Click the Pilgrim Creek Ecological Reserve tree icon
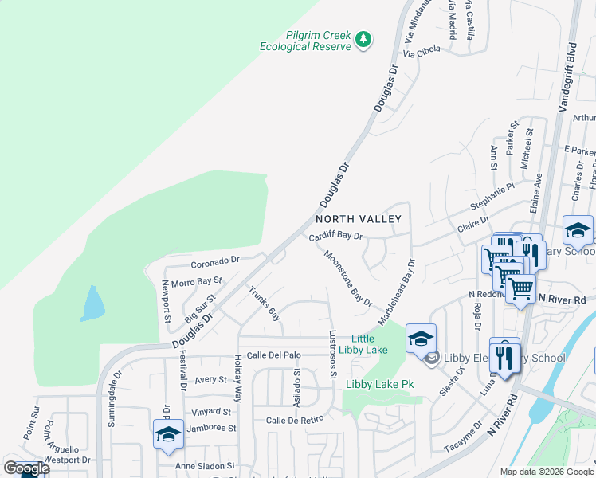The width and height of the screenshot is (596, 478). (363, 38)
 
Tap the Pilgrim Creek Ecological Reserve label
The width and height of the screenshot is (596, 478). (306, 41)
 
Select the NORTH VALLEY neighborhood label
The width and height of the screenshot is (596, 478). (358, 218)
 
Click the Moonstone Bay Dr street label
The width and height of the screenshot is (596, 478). (348, 278)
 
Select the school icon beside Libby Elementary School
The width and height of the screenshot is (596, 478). (421, 338)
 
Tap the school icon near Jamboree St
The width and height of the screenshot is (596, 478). (168, 434)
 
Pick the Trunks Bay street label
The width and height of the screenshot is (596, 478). (265, 303)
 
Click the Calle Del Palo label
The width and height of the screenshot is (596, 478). (273, 355)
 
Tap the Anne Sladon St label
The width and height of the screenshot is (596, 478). (205, 465)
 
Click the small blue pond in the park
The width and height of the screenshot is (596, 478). (92, 304)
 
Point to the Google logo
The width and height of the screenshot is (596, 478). (26, 468)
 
